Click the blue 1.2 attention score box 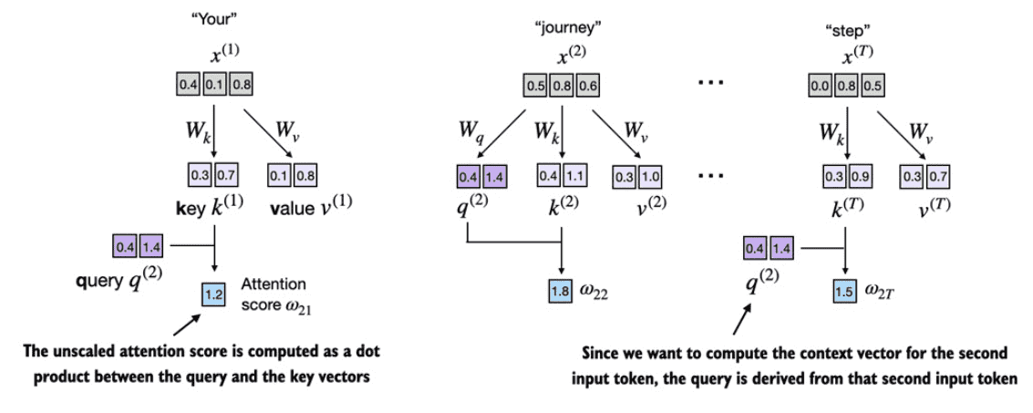[x=213, y=294]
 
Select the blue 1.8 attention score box [x=560, y=288]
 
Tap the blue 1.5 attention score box [x=845, y=288]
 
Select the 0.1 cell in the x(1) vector [x=213, y=85]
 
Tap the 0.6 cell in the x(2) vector [x=586, y=85]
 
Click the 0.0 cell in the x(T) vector [x=820, y=85]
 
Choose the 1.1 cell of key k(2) [x=573, y=176]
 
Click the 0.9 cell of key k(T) [x=859, y=176]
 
